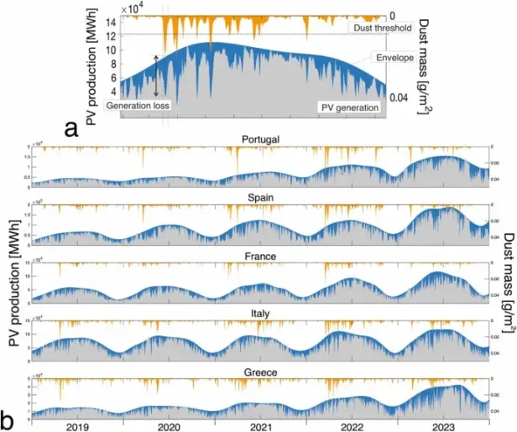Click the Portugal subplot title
[260, 140]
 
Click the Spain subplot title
[260, 196]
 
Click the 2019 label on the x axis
[76, 425]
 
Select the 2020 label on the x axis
[169, 425]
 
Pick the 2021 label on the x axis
[261, 425]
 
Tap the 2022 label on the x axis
[352, 425]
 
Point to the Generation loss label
[137, 107]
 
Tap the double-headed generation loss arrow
[155, 75]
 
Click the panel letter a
[72, 128]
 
